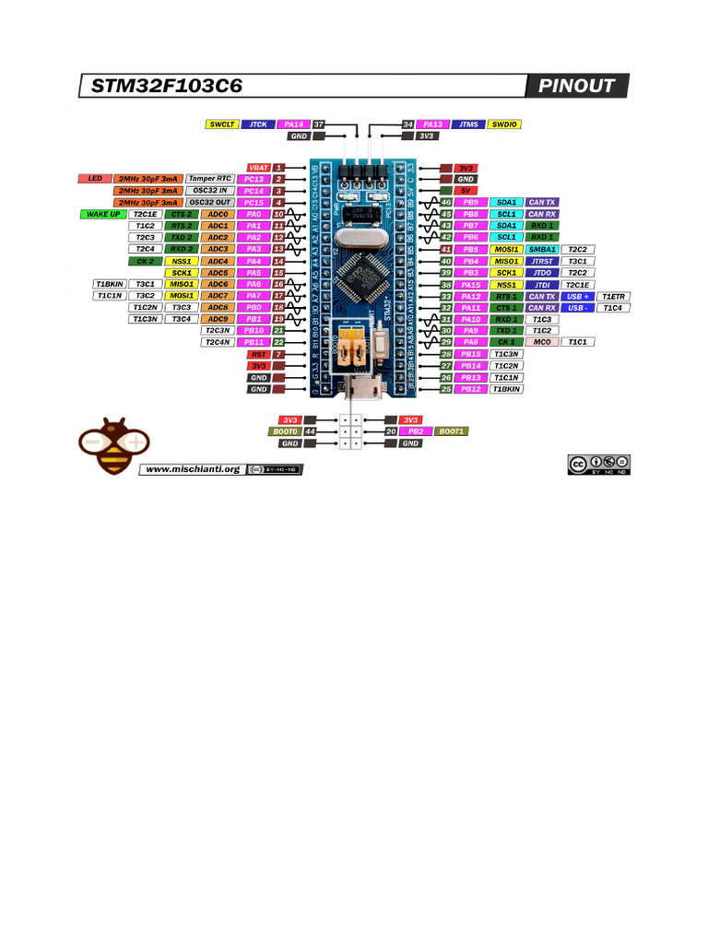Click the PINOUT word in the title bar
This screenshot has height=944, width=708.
pyautogui.click(x=577, y=87)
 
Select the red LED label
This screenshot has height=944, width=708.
pyautogui.click(x=94, y=178)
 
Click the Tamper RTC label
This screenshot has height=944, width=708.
pyautogui.click(x=210, y=178)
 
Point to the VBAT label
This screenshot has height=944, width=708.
pyautogui.click(x=256, y=167)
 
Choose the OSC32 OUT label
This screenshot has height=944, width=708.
pyautogui.click(x=210, y=202)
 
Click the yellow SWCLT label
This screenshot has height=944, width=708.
pyautogui.click(x=222, y=124)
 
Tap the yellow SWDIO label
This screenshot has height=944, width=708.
pyautogui.click(x=505, y=124)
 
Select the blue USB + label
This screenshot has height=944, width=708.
pyautogui.click(x=576, y=296)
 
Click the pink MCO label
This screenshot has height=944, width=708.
pyautogui.click(x=542, y=342)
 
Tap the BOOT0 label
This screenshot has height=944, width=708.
pyautogui.click(x=285, y=431)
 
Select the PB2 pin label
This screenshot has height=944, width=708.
pyautogui.click(x=416, y=431)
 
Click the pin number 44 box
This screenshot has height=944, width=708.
pyautogui.click(x=311, y=431)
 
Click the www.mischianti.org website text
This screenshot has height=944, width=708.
pyautogui.click(x=193, y=468)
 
